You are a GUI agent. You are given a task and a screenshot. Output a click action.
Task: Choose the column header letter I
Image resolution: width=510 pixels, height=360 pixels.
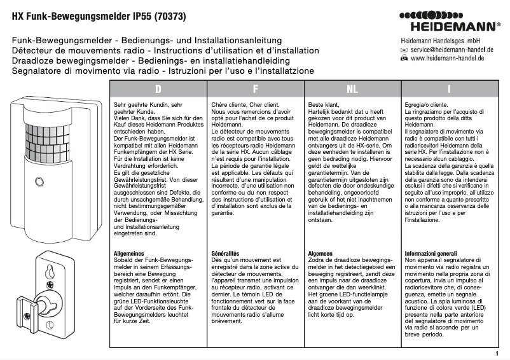click(449, 89)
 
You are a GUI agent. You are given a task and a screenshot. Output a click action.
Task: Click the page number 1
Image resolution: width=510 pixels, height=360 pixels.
click(497, 353)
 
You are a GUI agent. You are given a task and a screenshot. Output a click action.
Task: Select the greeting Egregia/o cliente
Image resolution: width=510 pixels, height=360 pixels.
click(426, 103)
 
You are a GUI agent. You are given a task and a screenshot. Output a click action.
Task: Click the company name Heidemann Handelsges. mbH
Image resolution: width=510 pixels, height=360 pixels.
click(444, 40)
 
